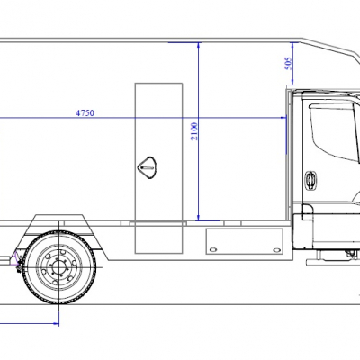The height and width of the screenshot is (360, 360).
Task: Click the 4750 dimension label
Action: tap(85, 113)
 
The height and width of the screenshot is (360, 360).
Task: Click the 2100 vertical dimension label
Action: tap(194, 131)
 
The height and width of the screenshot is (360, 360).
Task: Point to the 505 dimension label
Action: tap(288, 64)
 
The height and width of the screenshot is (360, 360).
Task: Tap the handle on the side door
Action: tap(148, 167)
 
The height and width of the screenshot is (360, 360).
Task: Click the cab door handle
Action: tap(310, 180)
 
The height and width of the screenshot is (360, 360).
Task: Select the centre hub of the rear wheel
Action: tap(59, 267)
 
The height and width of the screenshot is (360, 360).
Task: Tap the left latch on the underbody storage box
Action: tap(213, 249)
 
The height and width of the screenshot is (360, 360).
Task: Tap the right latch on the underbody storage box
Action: tap(276, 249)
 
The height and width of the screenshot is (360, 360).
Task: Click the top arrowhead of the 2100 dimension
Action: tap(198, 46)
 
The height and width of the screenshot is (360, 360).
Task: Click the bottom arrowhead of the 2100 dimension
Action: tap(198, 217)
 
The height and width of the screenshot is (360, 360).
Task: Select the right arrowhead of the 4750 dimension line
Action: tap(283, 118)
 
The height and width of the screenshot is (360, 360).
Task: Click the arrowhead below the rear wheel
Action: tap(56, 323)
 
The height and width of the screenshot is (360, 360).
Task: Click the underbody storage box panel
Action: tap(245, 241)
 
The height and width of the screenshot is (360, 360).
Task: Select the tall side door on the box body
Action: tap(158, 167)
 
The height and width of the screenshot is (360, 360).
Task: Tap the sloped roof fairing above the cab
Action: tap(330, 49)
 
